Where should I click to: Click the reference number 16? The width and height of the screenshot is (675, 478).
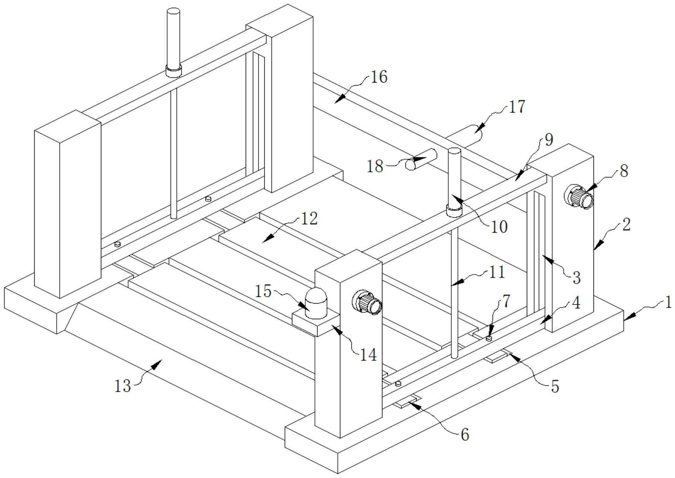click(379, 77)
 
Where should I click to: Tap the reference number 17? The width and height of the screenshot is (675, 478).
click(516, 107)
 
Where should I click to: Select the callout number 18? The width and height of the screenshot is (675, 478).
click(375, 166)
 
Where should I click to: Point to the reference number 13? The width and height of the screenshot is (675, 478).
click(122, 386)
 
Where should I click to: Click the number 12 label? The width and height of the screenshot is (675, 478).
click(309, 219)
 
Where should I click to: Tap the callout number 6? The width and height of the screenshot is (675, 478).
click(465, 434)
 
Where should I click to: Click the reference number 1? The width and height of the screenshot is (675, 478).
click(668, 302)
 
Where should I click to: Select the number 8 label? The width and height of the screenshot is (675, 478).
click(624, 171)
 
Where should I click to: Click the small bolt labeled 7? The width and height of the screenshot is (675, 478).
click(490, 338)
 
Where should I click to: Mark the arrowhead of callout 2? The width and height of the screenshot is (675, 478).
click(595, 248)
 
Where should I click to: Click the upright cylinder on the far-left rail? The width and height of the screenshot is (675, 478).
click(173, 41)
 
